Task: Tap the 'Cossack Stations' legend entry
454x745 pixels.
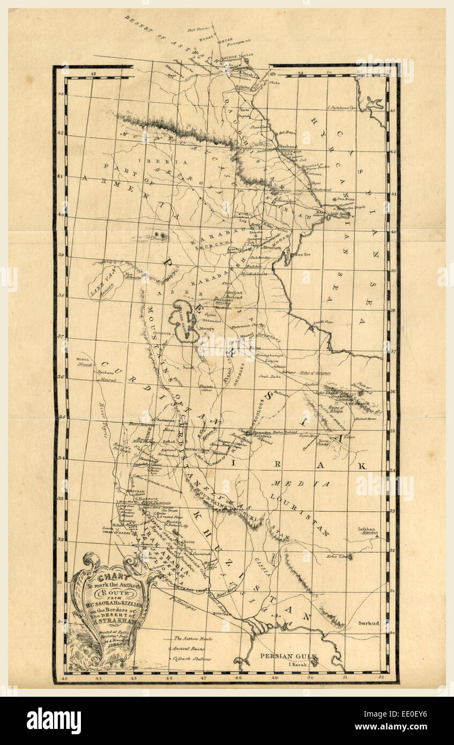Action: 192,659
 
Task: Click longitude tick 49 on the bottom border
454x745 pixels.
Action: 274,678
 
